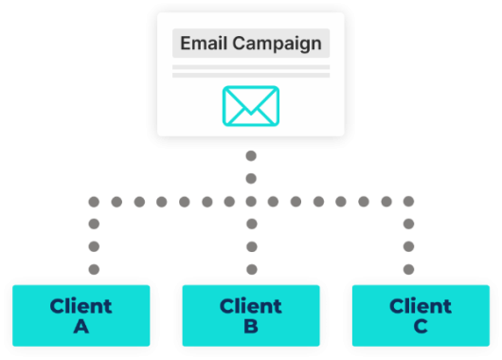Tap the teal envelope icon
point(250,105)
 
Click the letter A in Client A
point(81,328)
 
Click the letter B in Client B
point(251,328)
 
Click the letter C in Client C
point(421,328)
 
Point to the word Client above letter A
point(81,307)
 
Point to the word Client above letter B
point(251,307)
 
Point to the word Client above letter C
point(421,307)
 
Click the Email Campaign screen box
point(250,71)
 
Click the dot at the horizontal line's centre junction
point(251,201)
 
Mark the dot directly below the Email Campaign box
point(251,155)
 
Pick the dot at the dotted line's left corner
point(94,201)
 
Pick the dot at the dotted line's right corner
point(409,201)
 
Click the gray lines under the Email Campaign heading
point(250,71)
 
